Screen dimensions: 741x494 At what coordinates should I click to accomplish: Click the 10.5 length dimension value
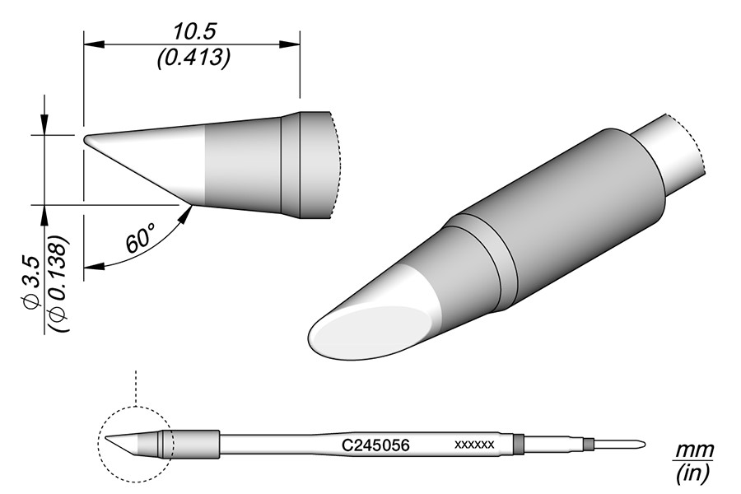[194, 32]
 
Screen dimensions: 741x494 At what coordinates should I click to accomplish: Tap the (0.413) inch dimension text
[193, 58]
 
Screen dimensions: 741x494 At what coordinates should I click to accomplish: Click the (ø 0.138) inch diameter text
[59, 283]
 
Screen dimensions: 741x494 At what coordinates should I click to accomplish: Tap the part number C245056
[375, 445]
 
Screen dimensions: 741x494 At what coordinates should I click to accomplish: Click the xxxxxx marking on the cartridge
[474, 445]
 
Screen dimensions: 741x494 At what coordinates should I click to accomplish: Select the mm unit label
[693, 450]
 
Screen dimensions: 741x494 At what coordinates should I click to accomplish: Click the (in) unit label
[692, 473]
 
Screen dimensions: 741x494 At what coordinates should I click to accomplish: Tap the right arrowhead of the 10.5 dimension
[289, 44]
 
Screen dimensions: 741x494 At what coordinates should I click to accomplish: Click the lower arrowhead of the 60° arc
[94, 267]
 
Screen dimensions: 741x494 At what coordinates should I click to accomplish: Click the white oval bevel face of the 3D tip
[371, 333]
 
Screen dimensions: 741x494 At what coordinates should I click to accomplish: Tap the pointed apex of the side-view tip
[85, 139]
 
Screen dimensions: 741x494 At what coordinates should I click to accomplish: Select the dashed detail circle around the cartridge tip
[136, 445]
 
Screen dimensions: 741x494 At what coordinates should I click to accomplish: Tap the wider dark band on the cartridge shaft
[519, 445]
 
